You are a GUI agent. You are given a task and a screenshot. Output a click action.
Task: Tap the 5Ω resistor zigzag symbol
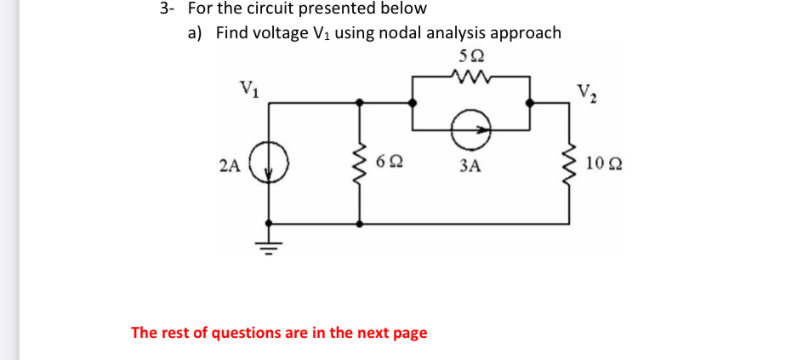[470, 77]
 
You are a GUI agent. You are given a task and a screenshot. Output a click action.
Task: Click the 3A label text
[470, 167]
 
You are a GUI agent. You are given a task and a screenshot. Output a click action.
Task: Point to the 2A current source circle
[271, 164]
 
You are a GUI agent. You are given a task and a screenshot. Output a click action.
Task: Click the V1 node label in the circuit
[249, 87]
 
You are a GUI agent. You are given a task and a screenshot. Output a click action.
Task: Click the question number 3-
[166, 9]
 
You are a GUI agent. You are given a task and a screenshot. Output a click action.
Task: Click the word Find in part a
[233, 33]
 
